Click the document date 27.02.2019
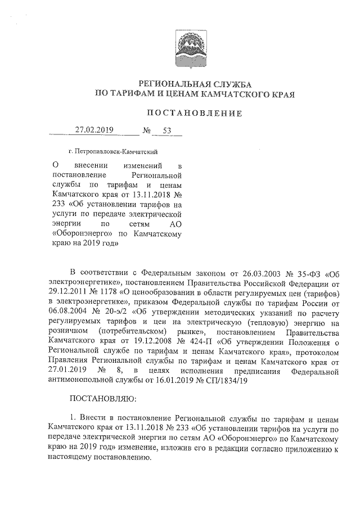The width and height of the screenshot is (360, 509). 95,130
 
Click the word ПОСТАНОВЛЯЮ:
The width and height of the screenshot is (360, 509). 101,401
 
